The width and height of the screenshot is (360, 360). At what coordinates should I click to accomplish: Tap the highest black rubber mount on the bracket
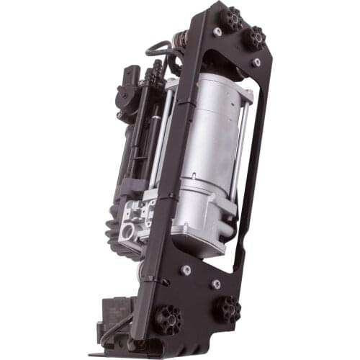click(x=232, y=17)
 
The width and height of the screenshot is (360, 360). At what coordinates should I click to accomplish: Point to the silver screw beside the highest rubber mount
click(x=217, y=32)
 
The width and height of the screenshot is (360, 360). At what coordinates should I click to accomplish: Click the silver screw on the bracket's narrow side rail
click(x=257, y=63)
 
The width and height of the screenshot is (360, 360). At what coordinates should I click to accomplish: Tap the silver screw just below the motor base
click(x=186, y=270)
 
